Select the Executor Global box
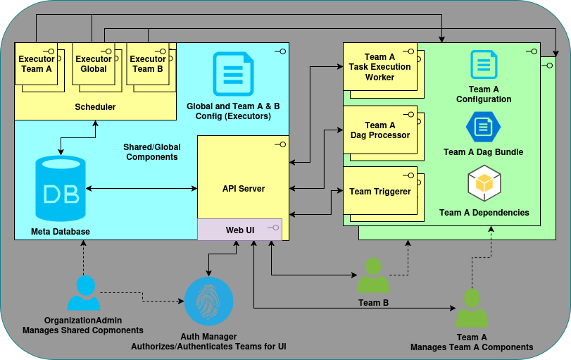pos(94,65)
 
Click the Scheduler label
pos(95,107)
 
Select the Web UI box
pos(239,230)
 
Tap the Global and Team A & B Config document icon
pos(232,74)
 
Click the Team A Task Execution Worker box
pos(379,67)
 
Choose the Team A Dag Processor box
pos(379,130)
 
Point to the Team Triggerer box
pos(379,191)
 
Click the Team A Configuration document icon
pos(483,65)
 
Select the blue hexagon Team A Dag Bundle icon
pos(483,127)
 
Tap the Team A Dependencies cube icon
pos(484,184)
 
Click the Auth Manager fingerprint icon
pos(208,301)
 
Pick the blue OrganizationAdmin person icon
pos(84,292)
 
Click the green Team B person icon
pos(372,275)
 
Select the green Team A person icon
pos(471,308)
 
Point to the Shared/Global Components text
pos(151,152)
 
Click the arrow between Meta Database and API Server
pos(141,188)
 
